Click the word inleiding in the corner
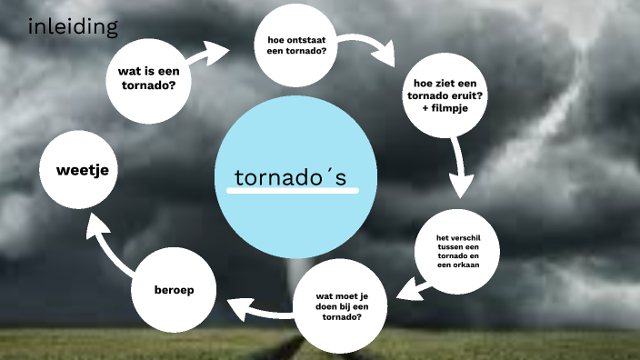[73, 27]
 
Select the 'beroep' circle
[174, 290]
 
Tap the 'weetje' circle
[82, 170]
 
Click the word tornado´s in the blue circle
[290, 177]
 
